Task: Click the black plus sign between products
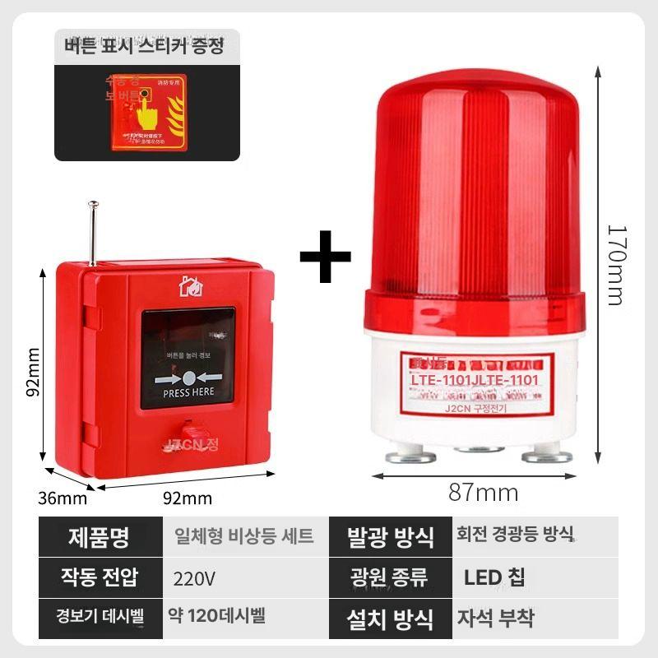[x=325, y=257]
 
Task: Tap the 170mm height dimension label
[x=614, y=265]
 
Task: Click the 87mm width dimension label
[x=483, y=493]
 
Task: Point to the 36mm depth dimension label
[x=62, y=498]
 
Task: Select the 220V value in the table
[x=195, y=578]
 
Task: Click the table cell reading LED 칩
[x=493, y=577]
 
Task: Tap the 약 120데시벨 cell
[x=218, y=615]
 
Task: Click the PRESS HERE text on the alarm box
[x=188, y=393]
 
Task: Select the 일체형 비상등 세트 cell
[x=244, y=537]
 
